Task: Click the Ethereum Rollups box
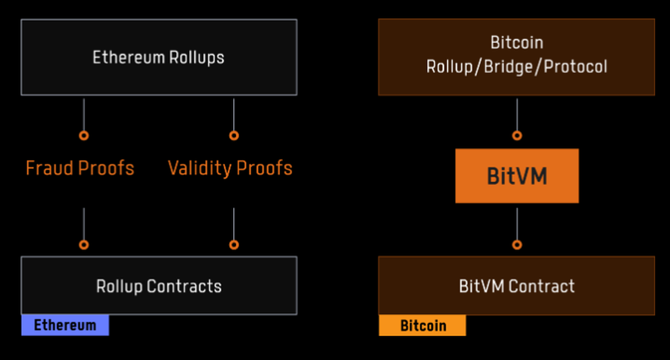[159, 57]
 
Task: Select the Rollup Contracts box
[159, 286]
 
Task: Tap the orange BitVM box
[517, 176]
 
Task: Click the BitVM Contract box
[517, 286]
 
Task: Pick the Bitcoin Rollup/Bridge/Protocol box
[517, 56]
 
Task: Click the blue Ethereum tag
[65, 326]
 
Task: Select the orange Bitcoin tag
[422, 326]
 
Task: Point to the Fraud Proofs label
[80, 168]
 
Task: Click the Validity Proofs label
[230, 168]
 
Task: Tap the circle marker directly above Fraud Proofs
[84, 135]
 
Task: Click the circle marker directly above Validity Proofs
[234, 135]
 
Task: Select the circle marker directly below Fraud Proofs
[84, 245]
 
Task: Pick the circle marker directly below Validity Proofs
[234, 245]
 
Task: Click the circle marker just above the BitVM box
[517, 135]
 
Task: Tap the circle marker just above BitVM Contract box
[517, 245]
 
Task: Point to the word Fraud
[50, 168]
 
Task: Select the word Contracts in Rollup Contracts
[184, 286]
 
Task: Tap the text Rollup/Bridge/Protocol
[517, 67]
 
